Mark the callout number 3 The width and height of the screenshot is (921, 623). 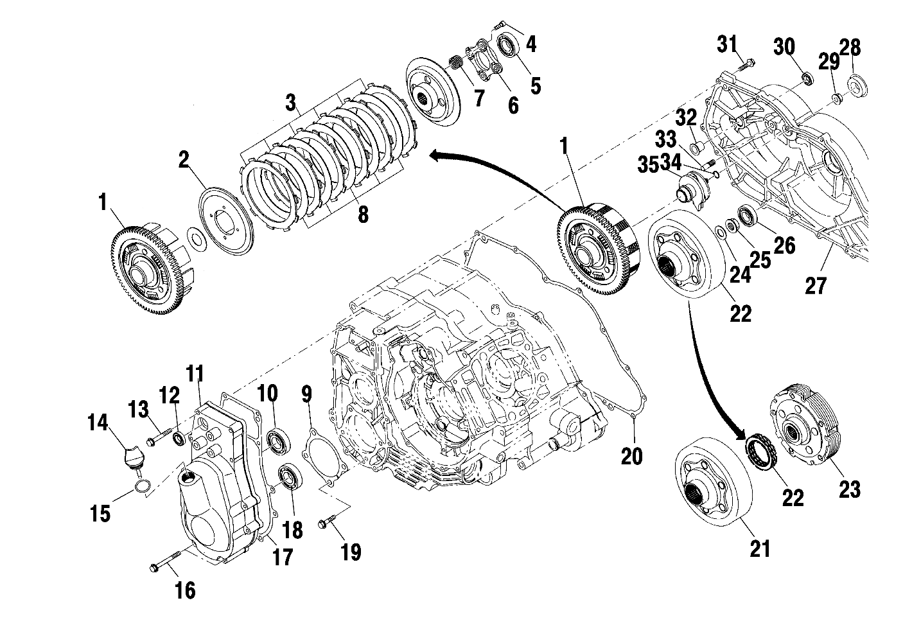coord(291,101)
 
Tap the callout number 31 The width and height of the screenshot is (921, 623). coord(727,45)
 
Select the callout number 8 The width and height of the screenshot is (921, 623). coord(363,215)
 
